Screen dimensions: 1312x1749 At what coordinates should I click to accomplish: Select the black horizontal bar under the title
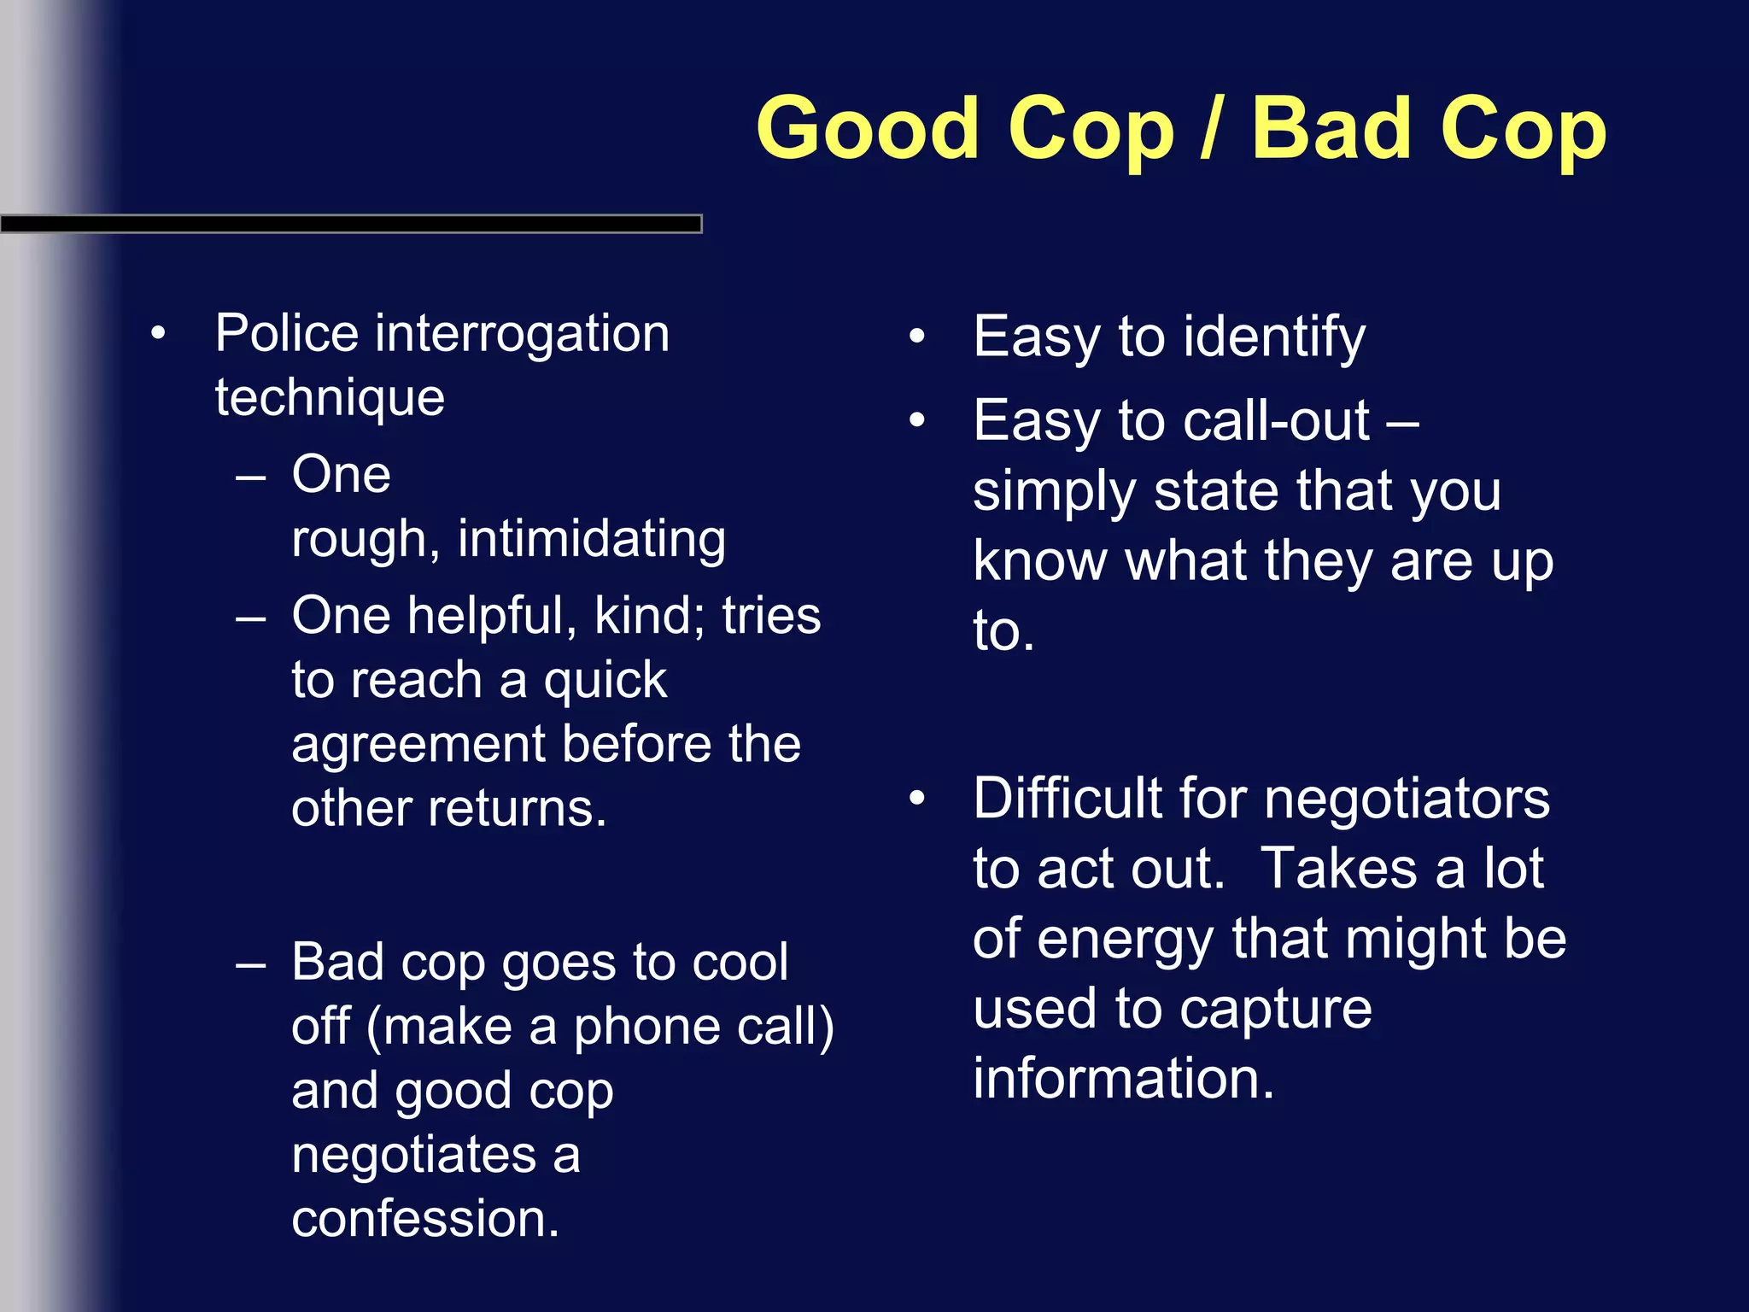click(x=350, y=224)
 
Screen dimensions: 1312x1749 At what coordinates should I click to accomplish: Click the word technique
click(x=330, y=399)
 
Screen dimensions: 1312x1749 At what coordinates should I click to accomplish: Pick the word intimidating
click(x=591, y=540)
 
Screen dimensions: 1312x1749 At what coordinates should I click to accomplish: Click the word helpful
click(x=491, y=615)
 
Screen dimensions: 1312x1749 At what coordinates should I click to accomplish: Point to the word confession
click(x=424, y=1219)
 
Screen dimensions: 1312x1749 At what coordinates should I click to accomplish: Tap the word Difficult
click(x=1068, y=799)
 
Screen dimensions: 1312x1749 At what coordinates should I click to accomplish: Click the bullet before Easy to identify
click(x=917, y=336)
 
